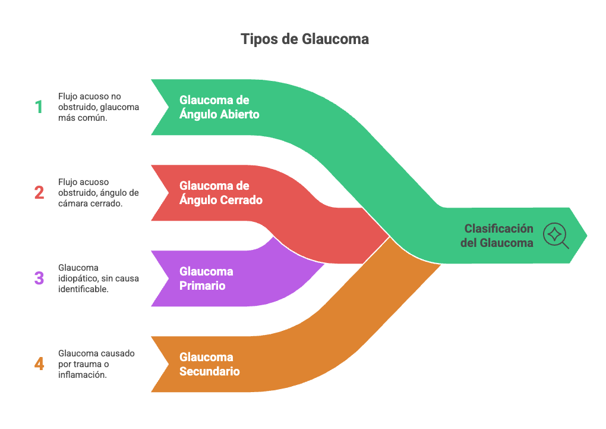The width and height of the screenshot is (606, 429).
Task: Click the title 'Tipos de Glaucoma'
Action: [304, 39]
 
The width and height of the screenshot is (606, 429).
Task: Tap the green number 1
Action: [39, 107]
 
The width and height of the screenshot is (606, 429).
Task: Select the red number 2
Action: [39, 193]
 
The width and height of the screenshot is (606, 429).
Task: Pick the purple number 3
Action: [39, 278]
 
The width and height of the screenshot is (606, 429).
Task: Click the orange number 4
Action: [39, 364]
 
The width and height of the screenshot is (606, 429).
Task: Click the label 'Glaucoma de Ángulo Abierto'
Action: [219, 107]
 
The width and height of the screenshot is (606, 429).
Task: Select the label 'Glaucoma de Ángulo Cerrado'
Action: [220, 193]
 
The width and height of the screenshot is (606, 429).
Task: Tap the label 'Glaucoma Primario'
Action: [206, 278]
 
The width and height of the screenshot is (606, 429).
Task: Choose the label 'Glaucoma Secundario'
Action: [210, 364]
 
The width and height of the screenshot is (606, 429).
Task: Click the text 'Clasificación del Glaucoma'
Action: [498, 236]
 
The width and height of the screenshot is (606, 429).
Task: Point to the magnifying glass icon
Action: [555, 235]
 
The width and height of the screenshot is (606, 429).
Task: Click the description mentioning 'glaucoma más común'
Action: [98, 107]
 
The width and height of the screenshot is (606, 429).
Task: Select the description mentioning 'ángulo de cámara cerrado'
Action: [98, 193]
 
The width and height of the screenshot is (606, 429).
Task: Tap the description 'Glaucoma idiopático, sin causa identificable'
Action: [98, 278]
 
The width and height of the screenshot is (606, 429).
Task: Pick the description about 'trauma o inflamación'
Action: [96, 364]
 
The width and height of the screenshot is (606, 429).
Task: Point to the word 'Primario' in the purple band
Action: [202, 286]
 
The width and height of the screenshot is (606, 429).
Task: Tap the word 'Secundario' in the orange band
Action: [210, 371]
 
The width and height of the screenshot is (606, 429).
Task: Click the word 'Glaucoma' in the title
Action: [335, 39]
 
